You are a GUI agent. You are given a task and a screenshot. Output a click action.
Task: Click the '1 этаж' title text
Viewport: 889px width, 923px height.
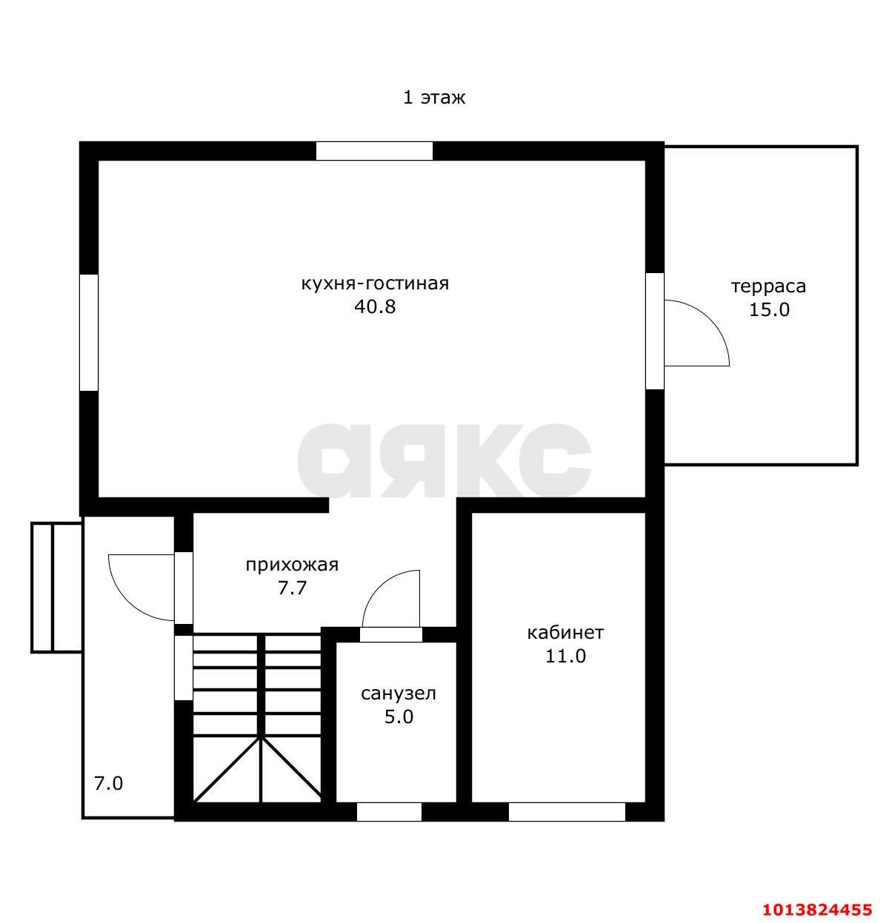(x=434, y=98)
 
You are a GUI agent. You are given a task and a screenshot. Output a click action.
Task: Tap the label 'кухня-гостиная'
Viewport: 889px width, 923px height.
(x=375, y=283)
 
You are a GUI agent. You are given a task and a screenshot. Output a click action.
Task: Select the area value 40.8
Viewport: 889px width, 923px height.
(x=374, y=307)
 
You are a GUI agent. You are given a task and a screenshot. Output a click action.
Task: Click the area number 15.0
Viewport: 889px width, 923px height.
(x=769, y=309)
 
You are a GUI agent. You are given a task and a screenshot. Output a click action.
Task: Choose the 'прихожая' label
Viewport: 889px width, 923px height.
(x=292, y=565)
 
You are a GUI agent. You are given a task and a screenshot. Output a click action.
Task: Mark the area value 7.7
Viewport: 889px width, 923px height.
(x=292, y=588)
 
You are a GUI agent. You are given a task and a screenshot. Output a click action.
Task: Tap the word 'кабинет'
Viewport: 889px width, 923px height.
(x=565, y=632)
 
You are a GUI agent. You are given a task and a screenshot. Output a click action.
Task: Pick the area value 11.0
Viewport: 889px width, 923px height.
(x=565, y=656)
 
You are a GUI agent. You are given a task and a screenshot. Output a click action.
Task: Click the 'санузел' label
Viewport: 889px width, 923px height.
(x=399, y=694)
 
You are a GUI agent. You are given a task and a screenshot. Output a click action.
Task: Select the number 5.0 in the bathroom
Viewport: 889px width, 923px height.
(x=399, y=716)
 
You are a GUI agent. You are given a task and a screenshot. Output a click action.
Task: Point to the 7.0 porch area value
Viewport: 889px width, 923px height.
(x=108, y=784)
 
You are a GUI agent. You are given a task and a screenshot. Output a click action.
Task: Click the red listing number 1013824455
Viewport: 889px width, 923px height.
(x=817, y=909)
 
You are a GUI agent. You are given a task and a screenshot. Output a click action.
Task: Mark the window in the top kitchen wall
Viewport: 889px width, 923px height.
(x=374, y=151)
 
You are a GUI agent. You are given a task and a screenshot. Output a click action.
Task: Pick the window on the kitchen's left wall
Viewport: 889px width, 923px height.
(x=89, y=332)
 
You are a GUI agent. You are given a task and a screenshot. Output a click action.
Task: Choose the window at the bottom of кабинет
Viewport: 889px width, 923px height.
(x=567, y=811)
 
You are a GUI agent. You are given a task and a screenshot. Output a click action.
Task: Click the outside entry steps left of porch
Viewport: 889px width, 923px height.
(x=56, y=588)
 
